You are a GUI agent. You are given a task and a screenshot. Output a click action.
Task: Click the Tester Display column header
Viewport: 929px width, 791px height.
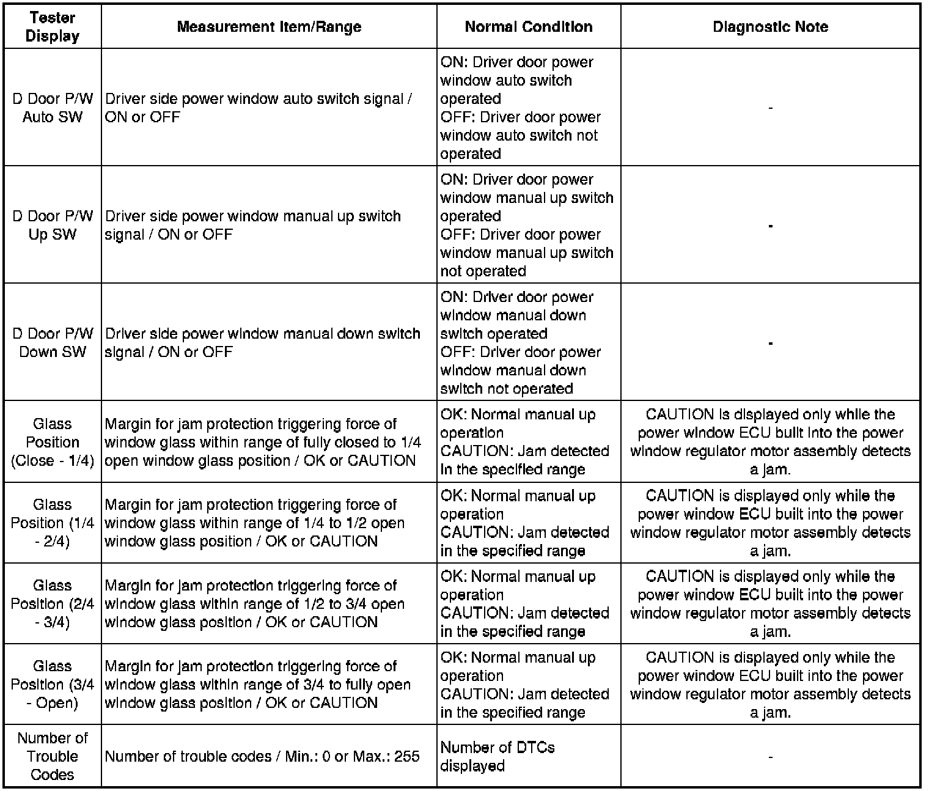[53, 27]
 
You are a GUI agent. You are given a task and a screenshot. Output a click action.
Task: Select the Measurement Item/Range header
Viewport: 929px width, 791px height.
[269, 27]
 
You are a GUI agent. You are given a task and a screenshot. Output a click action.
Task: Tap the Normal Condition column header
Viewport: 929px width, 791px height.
[529, 27]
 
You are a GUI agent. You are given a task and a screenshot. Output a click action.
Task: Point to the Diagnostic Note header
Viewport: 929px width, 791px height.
[770, 27]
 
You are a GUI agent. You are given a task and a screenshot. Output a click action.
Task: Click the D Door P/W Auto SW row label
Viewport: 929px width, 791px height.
[53, 108]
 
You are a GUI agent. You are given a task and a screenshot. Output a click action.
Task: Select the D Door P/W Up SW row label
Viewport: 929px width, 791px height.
[53, 225]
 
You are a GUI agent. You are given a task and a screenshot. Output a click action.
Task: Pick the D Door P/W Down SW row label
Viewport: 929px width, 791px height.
[53, 342]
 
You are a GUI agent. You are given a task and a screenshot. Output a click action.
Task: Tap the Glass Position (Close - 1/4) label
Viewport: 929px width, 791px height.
[53, 442]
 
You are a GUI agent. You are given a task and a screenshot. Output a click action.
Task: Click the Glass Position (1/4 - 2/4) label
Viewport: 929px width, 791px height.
[53, 523]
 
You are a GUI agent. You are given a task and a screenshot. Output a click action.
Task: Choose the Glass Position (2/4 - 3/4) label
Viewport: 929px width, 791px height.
[53, 603]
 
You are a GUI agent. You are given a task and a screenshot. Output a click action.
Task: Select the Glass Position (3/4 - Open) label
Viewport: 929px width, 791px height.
[53, 684]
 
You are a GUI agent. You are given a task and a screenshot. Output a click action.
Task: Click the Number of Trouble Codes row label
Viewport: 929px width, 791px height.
[53, 756]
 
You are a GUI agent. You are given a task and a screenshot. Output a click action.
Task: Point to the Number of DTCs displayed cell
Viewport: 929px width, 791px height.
[498, 756]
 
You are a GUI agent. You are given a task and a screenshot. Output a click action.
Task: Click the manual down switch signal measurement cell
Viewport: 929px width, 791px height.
[263, 342]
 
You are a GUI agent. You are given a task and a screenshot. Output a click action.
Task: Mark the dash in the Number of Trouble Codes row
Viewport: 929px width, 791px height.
[770, 757]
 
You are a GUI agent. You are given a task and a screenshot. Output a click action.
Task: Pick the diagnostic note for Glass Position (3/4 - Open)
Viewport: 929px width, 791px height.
[770, 685]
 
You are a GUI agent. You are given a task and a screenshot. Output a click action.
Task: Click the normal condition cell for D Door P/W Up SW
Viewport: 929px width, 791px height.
[527, 225]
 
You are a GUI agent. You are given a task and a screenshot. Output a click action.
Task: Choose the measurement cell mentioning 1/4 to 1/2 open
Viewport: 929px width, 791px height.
[255, 523]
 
